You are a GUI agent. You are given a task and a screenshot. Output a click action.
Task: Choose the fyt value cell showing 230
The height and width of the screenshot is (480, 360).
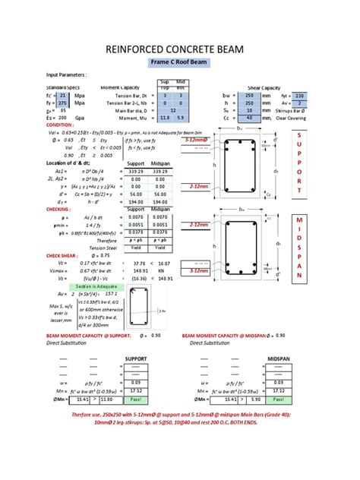tap(298, 96)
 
